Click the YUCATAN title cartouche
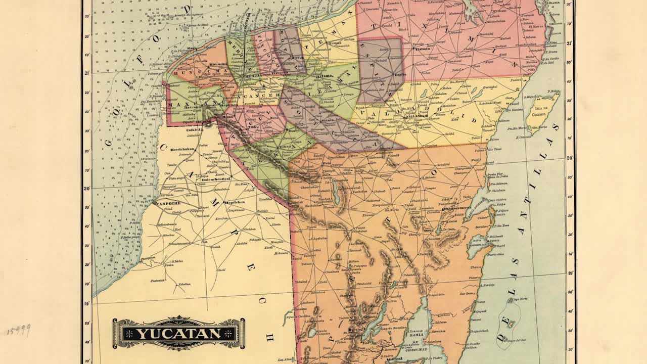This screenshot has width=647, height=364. [x=178, y=333]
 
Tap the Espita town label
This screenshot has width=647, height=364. [x=400, y=74]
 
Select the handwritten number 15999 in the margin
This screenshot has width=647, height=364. [x=19, y=331]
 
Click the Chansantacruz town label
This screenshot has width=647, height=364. [x=457, y=208]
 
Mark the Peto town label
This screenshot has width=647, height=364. [x=327, y=164]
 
